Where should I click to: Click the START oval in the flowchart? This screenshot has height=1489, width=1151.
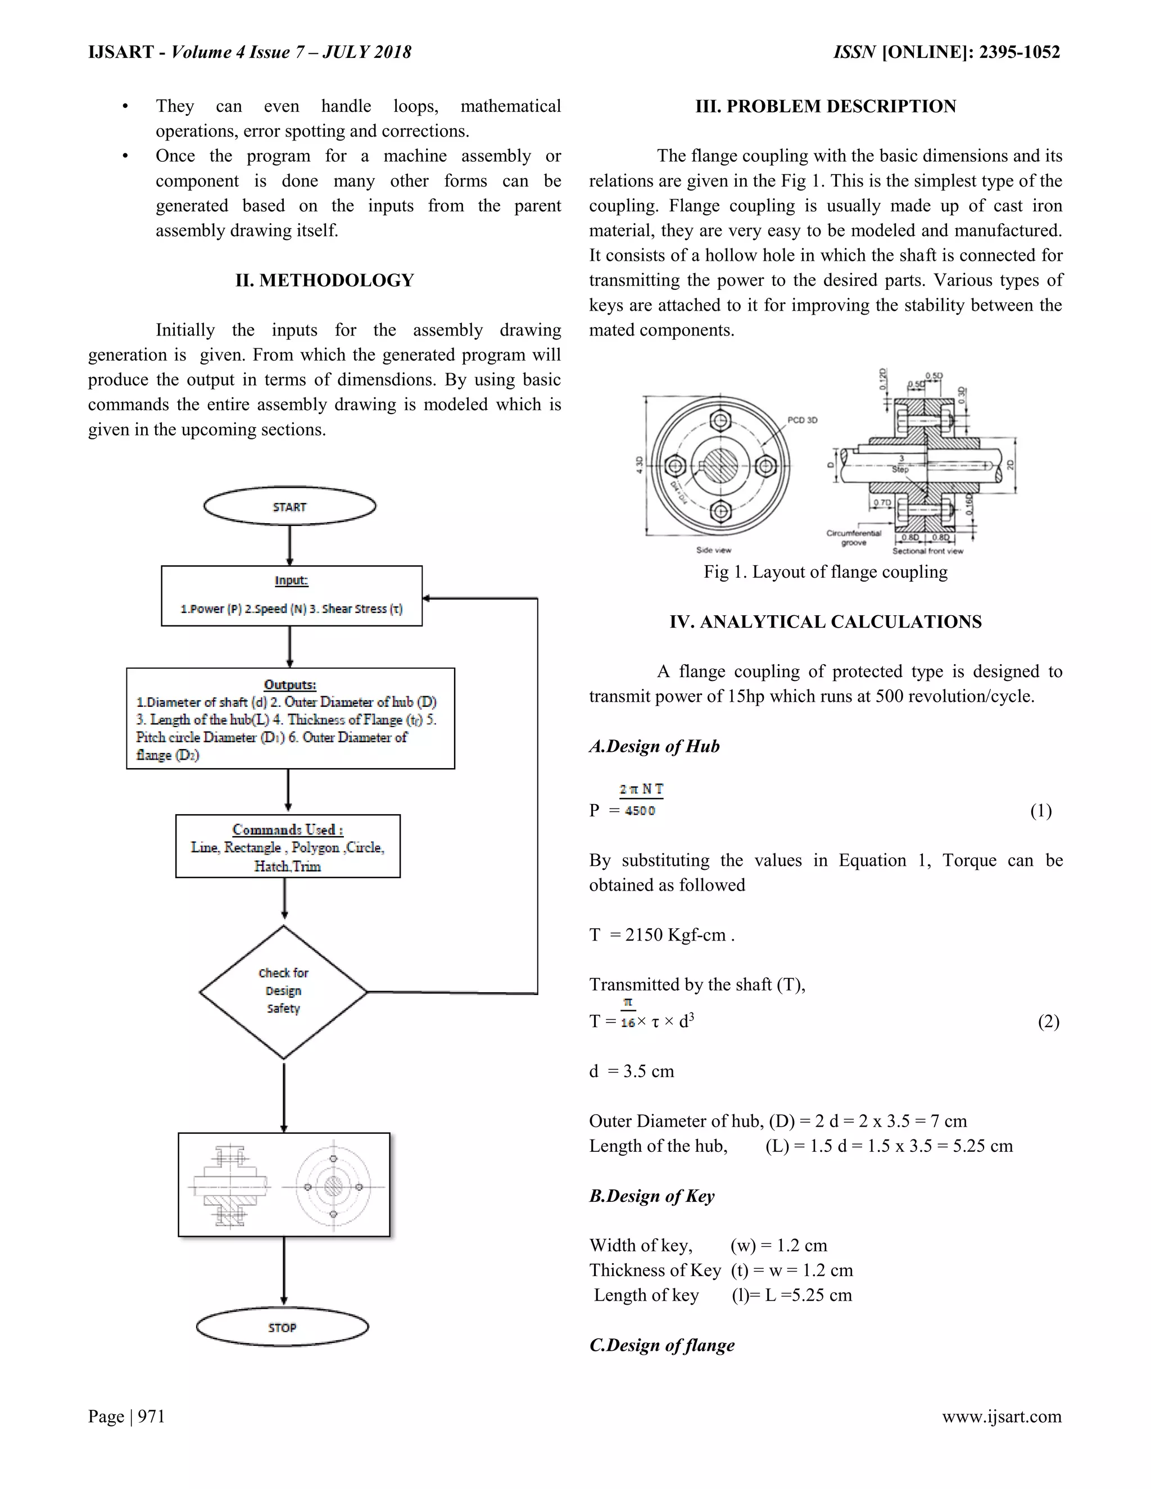pyautogui.click(x=290, y=507)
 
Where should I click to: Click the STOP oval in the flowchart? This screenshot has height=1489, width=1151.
pyautogui.click(x=282, y=1327)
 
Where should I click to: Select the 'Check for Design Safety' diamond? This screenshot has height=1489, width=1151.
pyautogui.click(x=283, y=991)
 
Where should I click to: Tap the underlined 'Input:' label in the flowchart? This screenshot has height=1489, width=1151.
pyautogui.click(x=291, y=580)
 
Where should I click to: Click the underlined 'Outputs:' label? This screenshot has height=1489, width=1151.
pyautogui.click(x=290, y=684)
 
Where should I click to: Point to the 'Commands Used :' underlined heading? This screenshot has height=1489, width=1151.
pyautogui.click(x=287, y=830)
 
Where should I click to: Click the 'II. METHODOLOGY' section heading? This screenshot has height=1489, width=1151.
pyautogui.click(x=325, y=280)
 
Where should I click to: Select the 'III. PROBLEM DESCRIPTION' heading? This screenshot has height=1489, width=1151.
pyautogui.click(x=825, y=106)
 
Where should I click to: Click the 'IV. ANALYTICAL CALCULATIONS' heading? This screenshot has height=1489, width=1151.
pyautogui.click(x=825, y=622)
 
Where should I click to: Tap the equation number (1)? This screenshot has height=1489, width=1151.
pyautogui.click(x=1040, y=811)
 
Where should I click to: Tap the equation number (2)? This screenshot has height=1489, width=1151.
pyautogui.click(x=1048, y=1022)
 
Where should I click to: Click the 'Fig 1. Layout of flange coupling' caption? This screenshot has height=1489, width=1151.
pyautogui.click(x=825, y=572)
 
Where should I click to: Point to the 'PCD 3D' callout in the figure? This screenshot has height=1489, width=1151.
pyautogui.click(x=802, y=420)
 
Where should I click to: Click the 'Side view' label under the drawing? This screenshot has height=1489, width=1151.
pyautogui.click(x=713, y=550)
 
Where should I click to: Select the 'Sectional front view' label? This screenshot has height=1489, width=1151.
pyautogui.click(x=927, y=551)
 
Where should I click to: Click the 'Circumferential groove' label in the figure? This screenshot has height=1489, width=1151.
pyautogui.click(x=854, y=538)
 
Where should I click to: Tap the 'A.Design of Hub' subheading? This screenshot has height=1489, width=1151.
pyautogui.click(x=654, y=747)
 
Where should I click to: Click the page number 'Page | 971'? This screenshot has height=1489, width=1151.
pyautogui.click(x=126, y=1417)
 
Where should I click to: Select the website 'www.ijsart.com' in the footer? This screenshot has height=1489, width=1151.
pyautogui.click(x=1002, y=1417)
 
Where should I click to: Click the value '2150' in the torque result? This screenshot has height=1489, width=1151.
pyautogui.click(x=644, y=935)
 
